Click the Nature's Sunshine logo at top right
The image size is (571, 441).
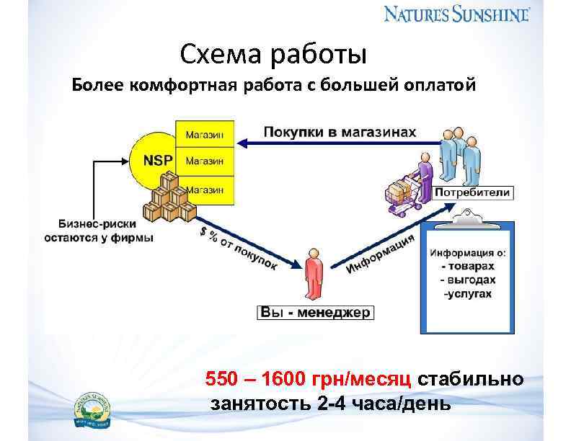pos(456,14)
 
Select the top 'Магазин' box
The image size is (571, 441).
pos(205,134)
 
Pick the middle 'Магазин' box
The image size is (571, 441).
pos(205,161)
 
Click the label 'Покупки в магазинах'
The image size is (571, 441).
pos(340,132)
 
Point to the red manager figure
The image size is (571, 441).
pos(312,274)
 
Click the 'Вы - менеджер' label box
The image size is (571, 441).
pos(314,313)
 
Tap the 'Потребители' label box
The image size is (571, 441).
pos(473,192)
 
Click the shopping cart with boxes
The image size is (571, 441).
pos(404,193)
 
